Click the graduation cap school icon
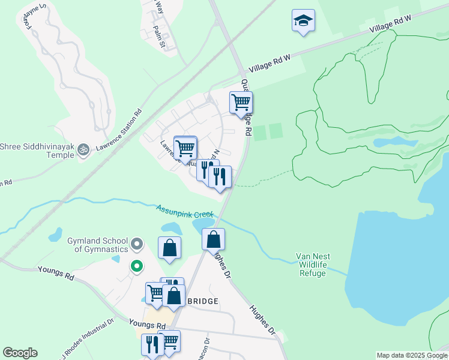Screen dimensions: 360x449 (x=304, y=21)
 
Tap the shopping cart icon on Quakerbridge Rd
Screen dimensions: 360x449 (x=241, y=102)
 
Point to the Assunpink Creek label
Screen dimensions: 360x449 (x=184, y=211)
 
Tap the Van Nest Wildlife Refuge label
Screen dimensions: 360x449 (x=312, y=265)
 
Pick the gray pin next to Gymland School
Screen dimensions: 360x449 (x=137, y=244)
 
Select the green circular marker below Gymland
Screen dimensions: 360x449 (x=137, y=266)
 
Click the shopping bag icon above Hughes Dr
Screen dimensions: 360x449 (x=213, y=239)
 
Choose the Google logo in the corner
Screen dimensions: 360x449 (x=20, y=353)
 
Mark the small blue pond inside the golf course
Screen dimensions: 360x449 (x=387, y=143)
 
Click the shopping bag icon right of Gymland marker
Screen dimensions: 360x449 (x=170, y=248)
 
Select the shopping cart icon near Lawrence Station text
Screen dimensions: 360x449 (x=185, y=147)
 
